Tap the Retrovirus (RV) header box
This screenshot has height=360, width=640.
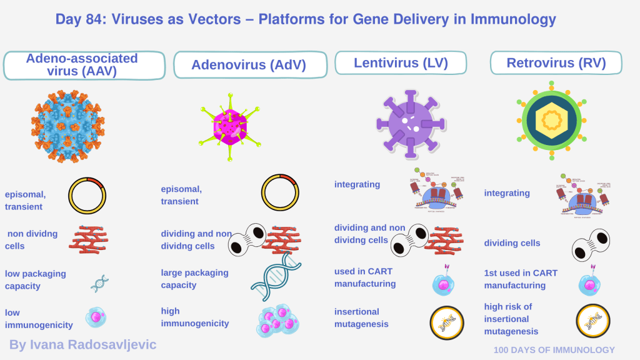click(556, 62)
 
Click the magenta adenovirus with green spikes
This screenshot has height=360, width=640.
click(229, 124)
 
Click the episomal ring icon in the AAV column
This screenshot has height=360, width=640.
click(87, 195)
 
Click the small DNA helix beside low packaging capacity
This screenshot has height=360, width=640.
click(99, 284)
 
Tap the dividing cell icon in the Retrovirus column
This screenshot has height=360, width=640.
click(591, 244)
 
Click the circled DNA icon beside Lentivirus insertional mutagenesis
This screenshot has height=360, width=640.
click(447, 322)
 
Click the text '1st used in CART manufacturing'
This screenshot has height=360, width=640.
click(521, 279)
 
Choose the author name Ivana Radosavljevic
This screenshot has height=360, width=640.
click(82, 344)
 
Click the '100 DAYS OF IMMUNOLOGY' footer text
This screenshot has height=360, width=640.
click(554, 350)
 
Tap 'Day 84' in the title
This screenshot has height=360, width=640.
click(79, 19)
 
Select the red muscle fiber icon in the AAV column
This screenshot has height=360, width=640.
click(88, 239)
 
